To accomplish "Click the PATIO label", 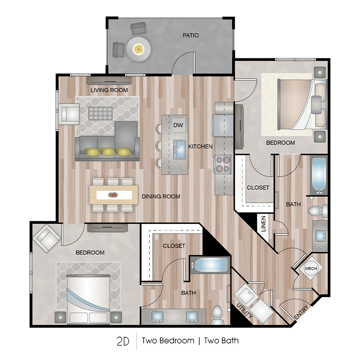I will [x=190, y=35].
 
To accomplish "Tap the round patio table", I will [x=139, y=50].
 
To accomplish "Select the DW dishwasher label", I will [x=178, y=125].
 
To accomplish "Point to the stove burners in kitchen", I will [x=224, y=164].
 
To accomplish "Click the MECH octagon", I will [x=311, y=268].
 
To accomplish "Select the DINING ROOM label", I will [x=161, y=196].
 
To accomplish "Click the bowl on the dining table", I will [x=113, y=195].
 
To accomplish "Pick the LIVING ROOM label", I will [x=109, y=90].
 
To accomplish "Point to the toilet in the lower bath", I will [x=218, y=314].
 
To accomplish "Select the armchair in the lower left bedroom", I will [x=47, y=238].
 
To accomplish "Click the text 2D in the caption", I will [x=123, y=341].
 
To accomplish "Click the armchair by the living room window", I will [x=70, y=113].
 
